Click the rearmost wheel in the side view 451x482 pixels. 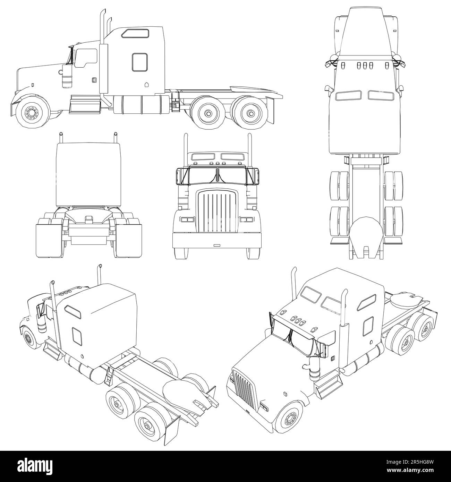point(250,113)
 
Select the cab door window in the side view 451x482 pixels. point(85,58)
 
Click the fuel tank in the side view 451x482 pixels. point(141,104)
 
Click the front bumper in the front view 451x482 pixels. point(217,241)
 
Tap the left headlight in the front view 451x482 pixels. point(187,220)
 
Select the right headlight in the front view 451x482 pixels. point(247,220)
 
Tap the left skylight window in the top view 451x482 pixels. point(348,95)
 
